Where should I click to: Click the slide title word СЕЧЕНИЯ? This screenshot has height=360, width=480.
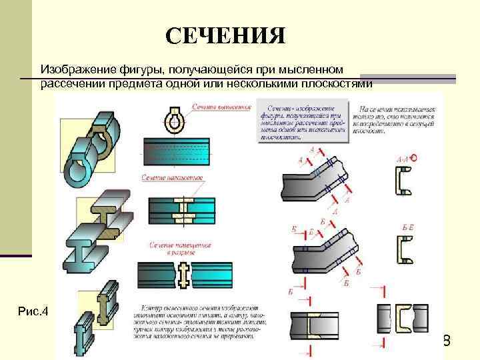click(226, 35)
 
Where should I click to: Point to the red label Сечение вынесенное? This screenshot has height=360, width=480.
click(222, 107)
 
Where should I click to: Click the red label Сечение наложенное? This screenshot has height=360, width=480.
click(172, 178)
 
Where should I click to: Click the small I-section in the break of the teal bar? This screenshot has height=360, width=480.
click(185, 274)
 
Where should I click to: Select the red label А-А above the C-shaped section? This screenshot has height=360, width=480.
click(402, 159)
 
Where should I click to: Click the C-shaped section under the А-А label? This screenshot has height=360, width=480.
click(404, 182)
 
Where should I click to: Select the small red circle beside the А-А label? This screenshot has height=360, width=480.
click(415, 158)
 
